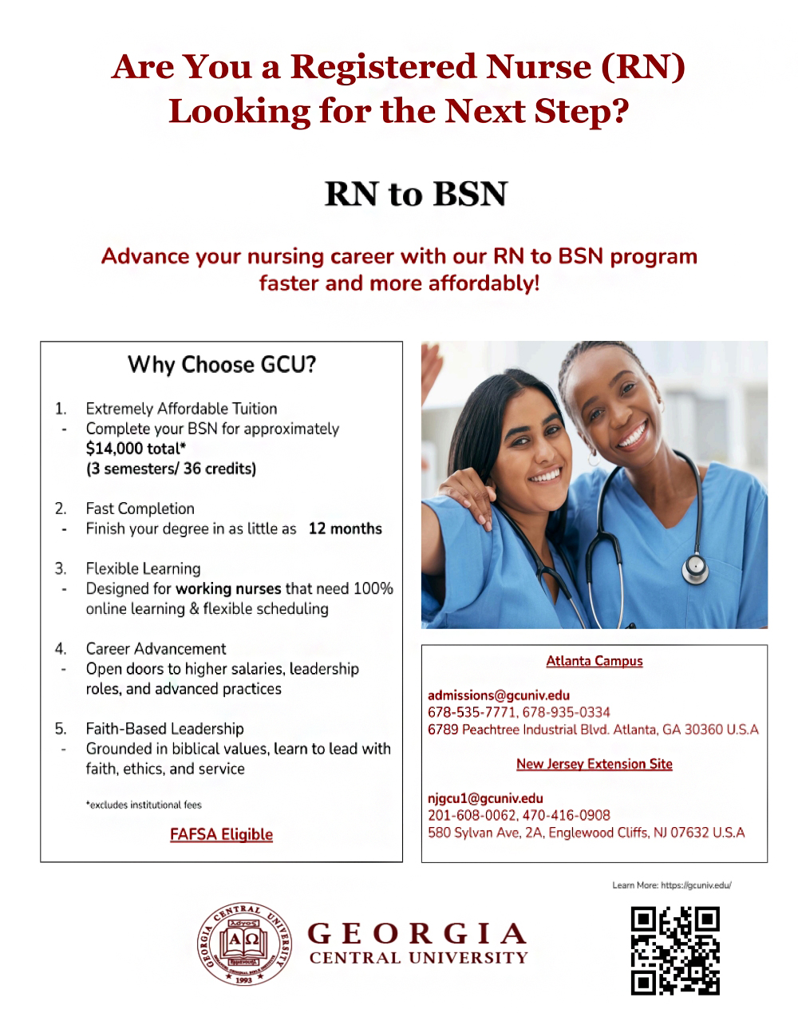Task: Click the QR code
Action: [x=674, y=950]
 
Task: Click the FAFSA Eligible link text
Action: [x=221, y=834]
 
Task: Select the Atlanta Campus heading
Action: [x=595, y=661]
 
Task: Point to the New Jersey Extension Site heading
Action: [x=595, y=764]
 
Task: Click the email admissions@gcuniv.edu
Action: [x=499, y=695]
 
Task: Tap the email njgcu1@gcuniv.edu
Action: [x=485, y=798]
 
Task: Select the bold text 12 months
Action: [x=345, y=528]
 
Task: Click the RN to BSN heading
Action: [x=416, y=194]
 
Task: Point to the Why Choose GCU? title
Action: [x=222, y=365]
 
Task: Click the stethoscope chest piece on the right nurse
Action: [x=695, y=568]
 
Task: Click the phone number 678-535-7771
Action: [x=472, y=712]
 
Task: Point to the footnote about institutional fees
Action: [x=144, y=805]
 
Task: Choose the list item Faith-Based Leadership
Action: [x=164, y=728]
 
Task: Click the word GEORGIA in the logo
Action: [x=417, y=933]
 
